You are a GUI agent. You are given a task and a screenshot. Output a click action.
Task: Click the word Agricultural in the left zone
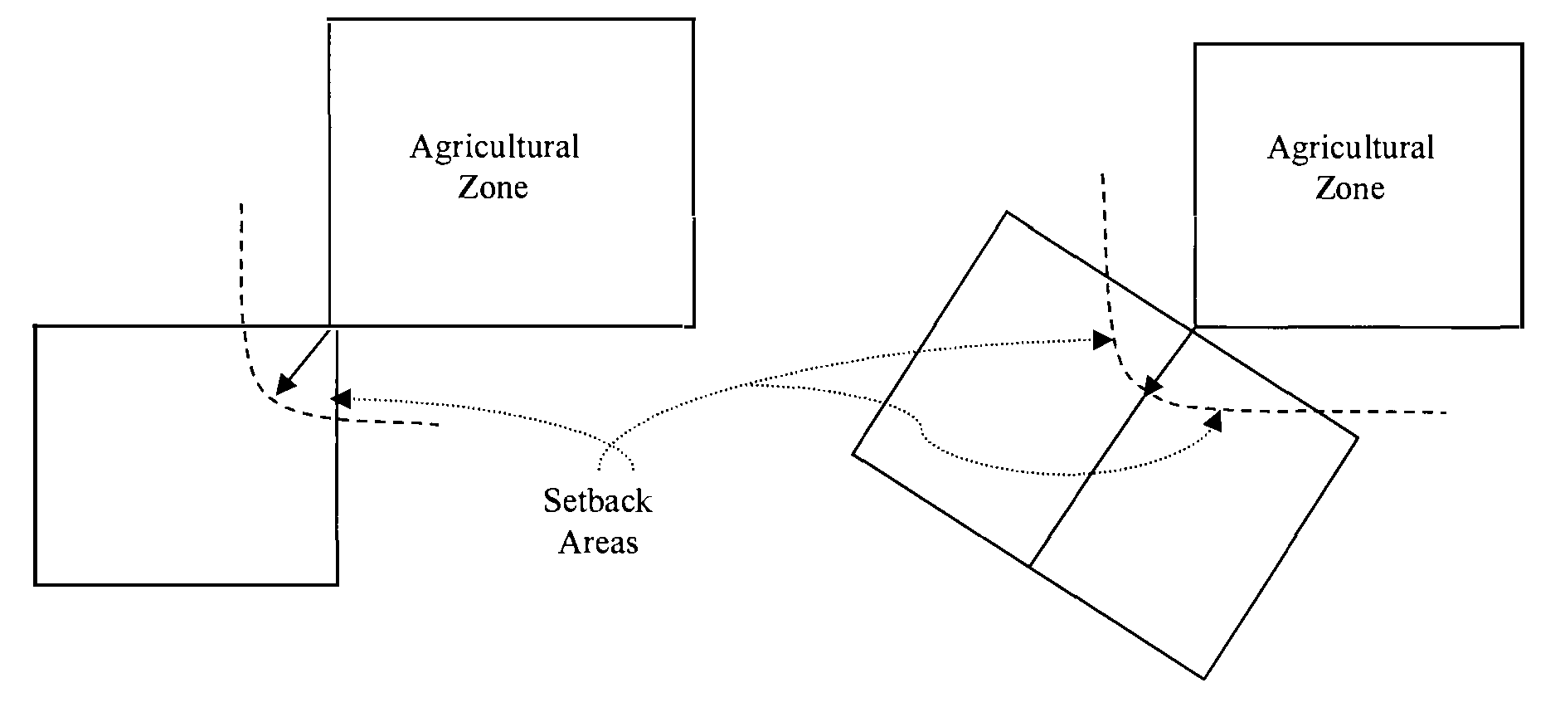pos(494,148)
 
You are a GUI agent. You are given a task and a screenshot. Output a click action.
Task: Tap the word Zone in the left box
pos(493,187)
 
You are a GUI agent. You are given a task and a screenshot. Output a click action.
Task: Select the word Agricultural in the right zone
pos(1351,149)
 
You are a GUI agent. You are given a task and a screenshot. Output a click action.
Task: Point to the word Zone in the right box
pos(1350,188)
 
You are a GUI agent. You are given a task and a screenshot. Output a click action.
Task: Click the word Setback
pos(597,501)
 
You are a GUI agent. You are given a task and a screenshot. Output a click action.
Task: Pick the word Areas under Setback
pos(598,543)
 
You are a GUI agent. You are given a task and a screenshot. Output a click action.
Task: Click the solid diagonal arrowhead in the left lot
pos(284,384)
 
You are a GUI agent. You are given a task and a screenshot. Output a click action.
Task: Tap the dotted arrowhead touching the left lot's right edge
pos(339,397)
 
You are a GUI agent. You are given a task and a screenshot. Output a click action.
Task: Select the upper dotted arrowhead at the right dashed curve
pos(1102,340)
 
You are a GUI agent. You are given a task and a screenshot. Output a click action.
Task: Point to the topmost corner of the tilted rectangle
pos(1007,212)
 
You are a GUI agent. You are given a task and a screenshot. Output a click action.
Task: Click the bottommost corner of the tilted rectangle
pos(1204,680)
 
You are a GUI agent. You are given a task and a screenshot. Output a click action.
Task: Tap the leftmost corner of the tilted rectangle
pos(853,454)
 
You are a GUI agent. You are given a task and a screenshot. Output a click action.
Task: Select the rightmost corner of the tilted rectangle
pos(1358,437)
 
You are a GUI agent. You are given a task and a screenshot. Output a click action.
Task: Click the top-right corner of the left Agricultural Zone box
pos(693,20)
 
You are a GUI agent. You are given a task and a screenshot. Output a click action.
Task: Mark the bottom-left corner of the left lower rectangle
pos(35,584)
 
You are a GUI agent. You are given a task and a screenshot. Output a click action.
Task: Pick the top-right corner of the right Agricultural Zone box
pos(1522,45)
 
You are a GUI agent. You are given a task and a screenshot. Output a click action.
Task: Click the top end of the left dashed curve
pos(241,203)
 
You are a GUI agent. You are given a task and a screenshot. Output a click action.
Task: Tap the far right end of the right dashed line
pos(1447,412)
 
